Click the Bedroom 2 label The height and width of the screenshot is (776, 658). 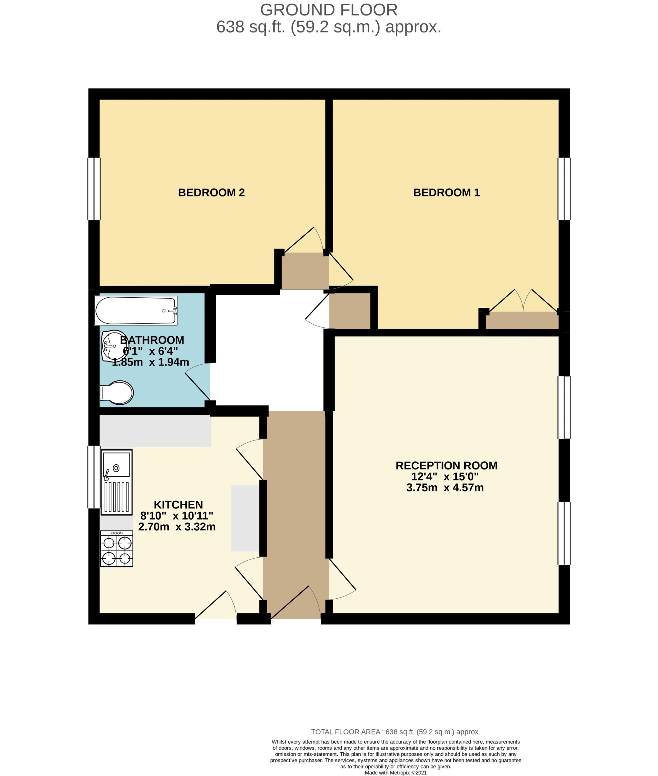[211, 192]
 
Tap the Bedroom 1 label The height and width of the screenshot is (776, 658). [446, 192]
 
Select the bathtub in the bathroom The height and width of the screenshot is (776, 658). [136, 310]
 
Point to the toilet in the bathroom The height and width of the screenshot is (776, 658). [117, 393]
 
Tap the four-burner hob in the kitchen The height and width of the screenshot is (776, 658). [117, 548]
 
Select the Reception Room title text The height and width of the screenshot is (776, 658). [446, 466]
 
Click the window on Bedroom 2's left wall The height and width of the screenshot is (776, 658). [94, 189]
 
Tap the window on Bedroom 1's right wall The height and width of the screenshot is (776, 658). [564, 189]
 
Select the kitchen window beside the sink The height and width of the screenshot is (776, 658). [94, 477]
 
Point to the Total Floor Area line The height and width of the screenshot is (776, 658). [396, 732]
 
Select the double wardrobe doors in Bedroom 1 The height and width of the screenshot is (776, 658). [523, 300]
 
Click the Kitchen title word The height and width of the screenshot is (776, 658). [178, 505]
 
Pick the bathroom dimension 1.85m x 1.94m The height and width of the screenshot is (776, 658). [151, 362]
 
